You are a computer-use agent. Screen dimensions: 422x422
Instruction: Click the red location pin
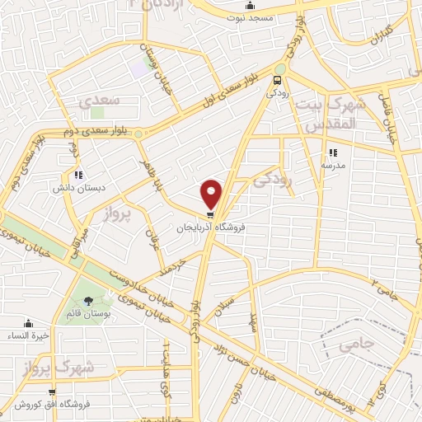212,192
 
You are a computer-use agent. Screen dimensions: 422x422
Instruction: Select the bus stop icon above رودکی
278,80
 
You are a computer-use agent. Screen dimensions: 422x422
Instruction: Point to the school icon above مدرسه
333,152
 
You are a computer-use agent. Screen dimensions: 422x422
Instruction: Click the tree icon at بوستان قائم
88,300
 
